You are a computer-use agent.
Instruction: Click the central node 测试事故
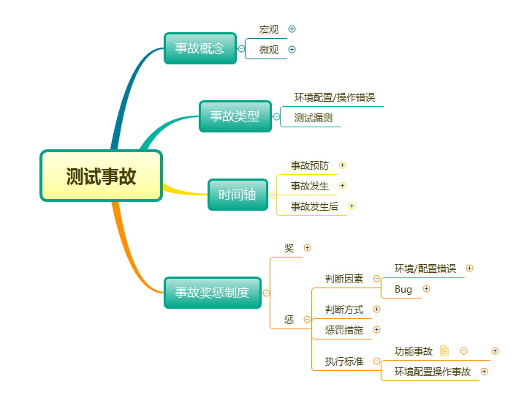tap(101, 176)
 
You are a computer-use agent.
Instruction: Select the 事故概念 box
tap(200, 48)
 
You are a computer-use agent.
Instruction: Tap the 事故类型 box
tap(235, 116)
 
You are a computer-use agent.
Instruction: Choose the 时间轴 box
tap(238, 195)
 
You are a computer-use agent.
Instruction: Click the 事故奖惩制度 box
tap(213, 293)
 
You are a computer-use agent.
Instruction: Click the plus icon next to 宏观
tap(292, 29)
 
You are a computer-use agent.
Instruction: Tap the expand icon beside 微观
tap(292, 50)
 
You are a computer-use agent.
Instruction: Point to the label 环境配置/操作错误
tap(335, 97)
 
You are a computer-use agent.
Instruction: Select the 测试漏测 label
tap(313, 118)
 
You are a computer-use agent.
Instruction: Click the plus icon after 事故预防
tap(342, 165)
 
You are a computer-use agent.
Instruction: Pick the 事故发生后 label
tap(314, 206)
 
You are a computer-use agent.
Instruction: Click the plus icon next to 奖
tap(307, 248)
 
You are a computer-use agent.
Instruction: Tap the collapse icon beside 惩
tap(307, 320)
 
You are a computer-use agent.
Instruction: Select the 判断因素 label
tap(344, 279)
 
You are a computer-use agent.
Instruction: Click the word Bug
tap(403, 289)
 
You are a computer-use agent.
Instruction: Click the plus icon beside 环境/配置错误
tap(469, 269)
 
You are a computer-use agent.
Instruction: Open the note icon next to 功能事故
tap(444, 350)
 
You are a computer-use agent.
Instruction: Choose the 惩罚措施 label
tap(344, 330)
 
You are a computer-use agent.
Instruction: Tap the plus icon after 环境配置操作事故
tap(484, 372)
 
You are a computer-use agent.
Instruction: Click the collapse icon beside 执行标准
tap(376, 361)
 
